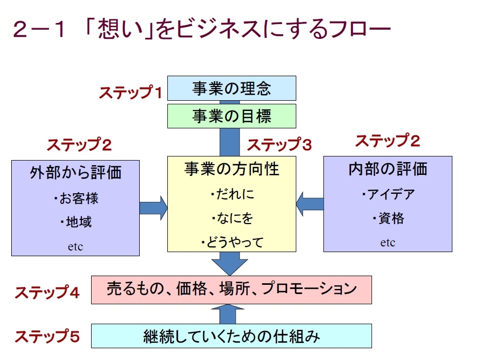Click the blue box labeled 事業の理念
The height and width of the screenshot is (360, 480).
[232, 88]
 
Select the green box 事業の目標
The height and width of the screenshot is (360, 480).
[232, 116]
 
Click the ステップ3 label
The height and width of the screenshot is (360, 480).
[279, 145]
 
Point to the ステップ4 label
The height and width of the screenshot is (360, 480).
[47, 292]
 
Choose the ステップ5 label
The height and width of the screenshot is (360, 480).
[47, 337]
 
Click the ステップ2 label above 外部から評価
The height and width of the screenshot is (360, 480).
[79, 145]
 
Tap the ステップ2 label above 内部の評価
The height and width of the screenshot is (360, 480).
[387, 141]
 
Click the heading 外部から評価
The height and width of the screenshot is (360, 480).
[76, 172]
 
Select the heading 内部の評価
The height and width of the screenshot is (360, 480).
[387, 169]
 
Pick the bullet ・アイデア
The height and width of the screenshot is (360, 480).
[387, 194]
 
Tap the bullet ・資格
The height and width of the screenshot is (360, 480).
[387, 219]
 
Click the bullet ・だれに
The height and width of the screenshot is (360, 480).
[232, 195]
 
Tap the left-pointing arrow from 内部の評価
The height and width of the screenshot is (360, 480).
[310, 204]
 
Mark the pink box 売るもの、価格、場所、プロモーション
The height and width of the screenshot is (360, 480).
[231, 289]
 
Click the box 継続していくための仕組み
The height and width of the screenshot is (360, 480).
[231, 336]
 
